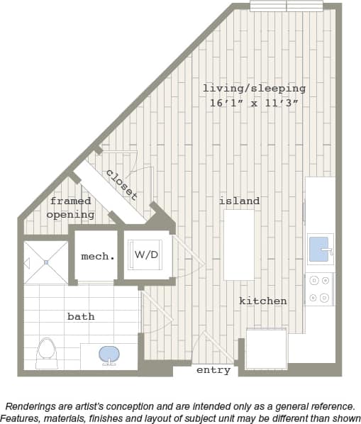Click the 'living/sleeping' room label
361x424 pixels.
254,89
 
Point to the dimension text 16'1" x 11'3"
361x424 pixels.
254,103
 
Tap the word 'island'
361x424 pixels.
239,201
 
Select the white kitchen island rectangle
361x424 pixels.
239,245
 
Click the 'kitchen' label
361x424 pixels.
262,301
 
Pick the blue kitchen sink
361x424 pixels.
320,249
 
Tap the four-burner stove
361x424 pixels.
319,289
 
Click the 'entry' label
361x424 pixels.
213,370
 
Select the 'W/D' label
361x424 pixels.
146,255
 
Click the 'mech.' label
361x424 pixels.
97,256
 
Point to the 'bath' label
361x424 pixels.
81,316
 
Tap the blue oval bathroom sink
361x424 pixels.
109,353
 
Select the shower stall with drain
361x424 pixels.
45,262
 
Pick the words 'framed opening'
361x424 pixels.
70,208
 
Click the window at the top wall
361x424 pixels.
287,6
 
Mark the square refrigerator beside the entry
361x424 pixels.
266,349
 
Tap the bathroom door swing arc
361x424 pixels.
157,312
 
